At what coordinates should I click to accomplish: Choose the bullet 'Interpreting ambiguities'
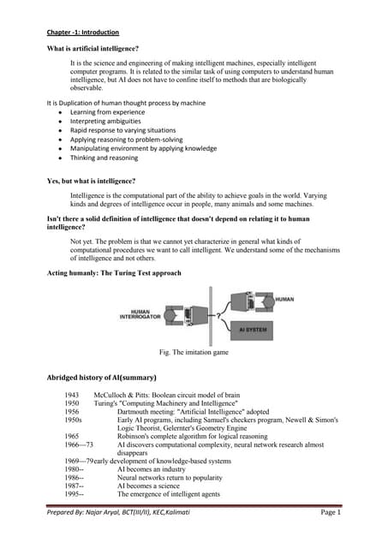click(106, 122)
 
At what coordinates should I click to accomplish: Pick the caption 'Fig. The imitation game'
click(194, 352)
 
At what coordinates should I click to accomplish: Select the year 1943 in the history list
click(72, 396)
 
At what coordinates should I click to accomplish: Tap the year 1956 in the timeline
click(72, 412)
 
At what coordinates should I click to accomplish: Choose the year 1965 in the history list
click(72, 436)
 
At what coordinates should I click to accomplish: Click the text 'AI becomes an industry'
click(156, 469)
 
